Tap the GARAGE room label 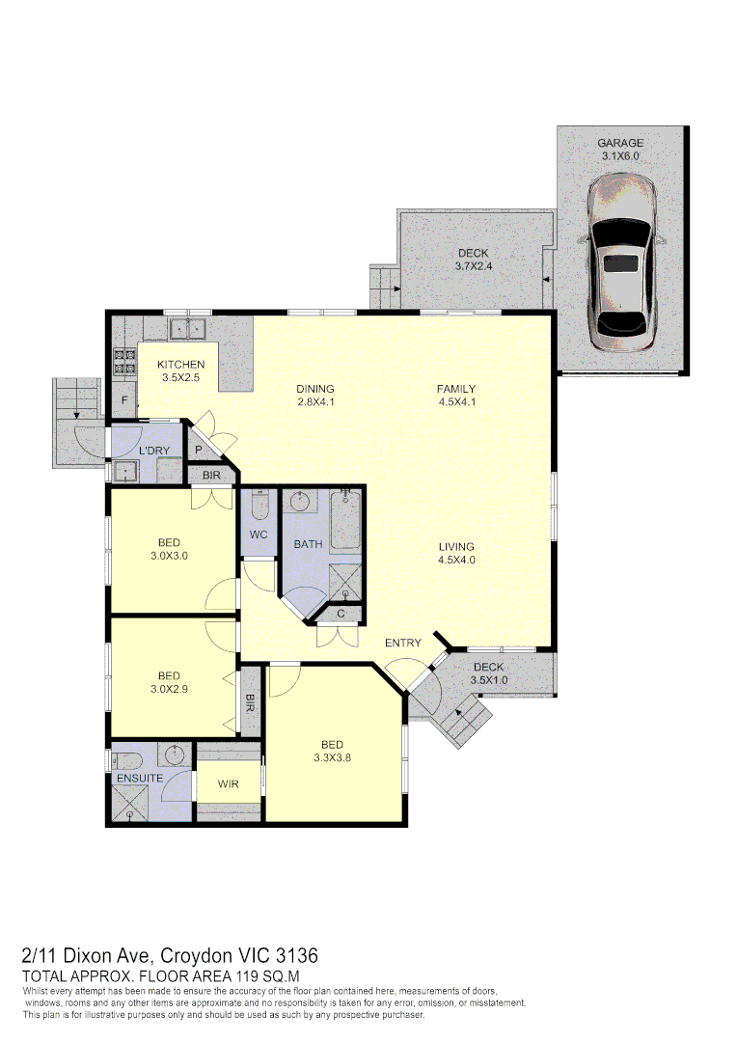click(x=619, y=144)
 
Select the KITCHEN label click(x=180, y=365)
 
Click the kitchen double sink click(x=189, y=329)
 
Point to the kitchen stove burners click(x=124, y=360)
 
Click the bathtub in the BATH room click(x=345, y=522)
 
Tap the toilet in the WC click(x=258, y=506)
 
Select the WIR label click(x=228, y=784)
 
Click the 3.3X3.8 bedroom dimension click(x=333, y=757)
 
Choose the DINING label click(x=315, y=390)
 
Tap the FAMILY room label click(x=456, y=390)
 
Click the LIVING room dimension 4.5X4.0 click(x=456, y=560)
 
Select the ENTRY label click(x=402, y=643)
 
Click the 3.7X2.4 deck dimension click(x=474, y=266)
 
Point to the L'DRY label click(x=154, y=452)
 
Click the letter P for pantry click(x=198, y=450)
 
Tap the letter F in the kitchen click(x=123, y=399)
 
